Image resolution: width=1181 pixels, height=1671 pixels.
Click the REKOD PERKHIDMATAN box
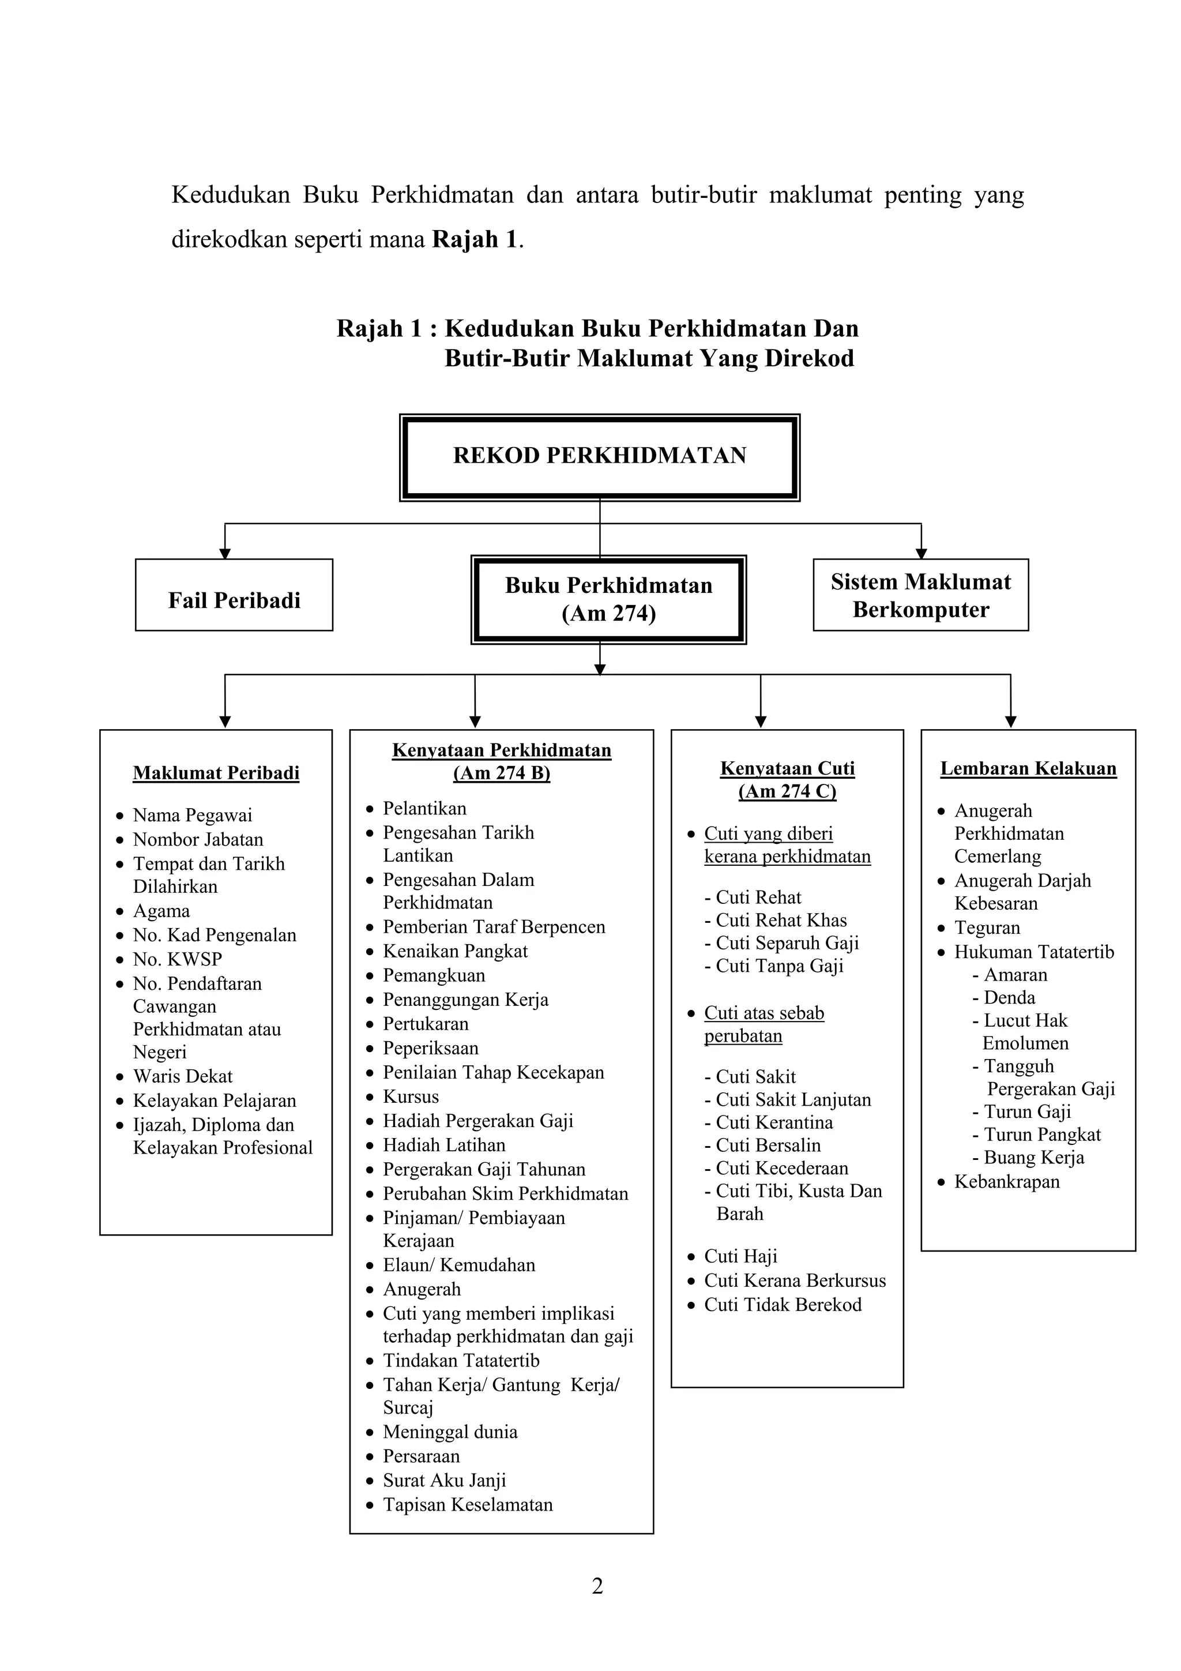(599, 456)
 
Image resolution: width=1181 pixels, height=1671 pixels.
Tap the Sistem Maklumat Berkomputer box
(920, 595)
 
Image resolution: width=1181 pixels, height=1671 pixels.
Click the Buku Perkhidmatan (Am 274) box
(608, 600)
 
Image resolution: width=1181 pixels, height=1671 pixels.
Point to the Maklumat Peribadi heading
(216, 773)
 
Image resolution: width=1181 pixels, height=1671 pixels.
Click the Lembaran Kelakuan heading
(1028, 768)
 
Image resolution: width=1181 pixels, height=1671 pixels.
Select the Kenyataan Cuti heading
(787, 768)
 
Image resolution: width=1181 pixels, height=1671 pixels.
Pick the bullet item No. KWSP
(177, 959)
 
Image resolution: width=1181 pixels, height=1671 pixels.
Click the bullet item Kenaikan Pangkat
(455, 951)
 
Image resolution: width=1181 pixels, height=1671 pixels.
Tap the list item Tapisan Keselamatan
(467, 1504)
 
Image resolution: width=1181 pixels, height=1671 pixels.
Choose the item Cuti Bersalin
(768, 1145)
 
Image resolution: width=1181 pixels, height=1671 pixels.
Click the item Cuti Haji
(740, 1256)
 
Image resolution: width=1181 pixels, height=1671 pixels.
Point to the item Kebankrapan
(1006, 1181)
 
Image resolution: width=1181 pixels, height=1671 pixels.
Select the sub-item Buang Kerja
(1033, 1157)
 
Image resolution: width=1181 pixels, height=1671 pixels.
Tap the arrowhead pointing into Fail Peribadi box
(225, 553)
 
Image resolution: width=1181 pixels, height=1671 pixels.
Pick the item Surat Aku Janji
(444, 1480)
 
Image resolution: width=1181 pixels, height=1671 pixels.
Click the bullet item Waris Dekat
(182, 1076)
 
